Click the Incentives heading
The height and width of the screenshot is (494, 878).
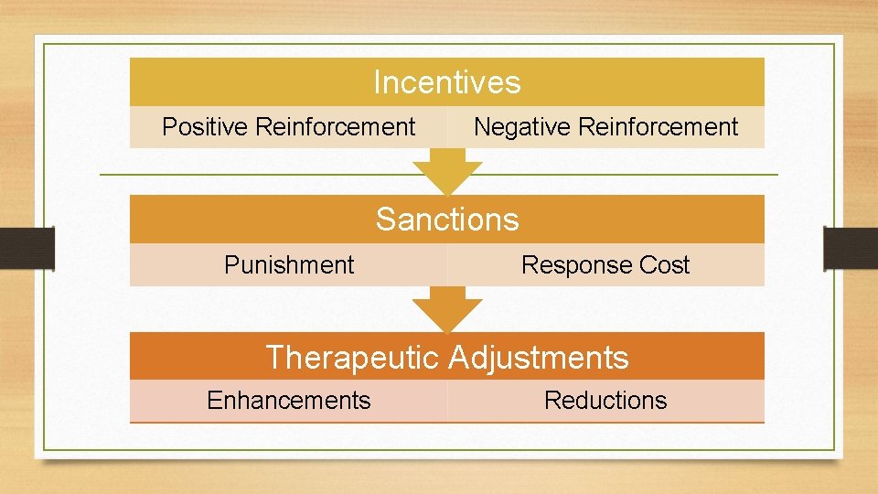[x=446, y=82]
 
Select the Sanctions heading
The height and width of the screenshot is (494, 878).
[x=446, y=220]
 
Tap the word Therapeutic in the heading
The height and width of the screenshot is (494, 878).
[x=353, y=357]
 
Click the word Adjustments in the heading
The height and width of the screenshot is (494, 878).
[x=539, y=357]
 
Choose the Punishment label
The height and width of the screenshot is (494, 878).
[x=288, y=265]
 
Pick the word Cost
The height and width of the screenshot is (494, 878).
[x=665, y=265]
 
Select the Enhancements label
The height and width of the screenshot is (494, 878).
[x=288, y=401]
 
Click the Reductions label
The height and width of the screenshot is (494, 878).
[x=605, y=401]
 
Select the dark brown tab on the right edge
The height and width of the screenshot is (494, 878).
[x=851, y=248]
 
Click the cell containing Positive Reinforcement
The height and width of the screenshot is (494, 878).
[x=288, y=127]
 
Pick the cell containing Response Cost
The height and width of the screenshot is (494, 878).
[x=605, y=265]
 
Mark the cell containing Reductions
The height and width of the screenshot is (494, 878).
[x=605, y=401]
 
